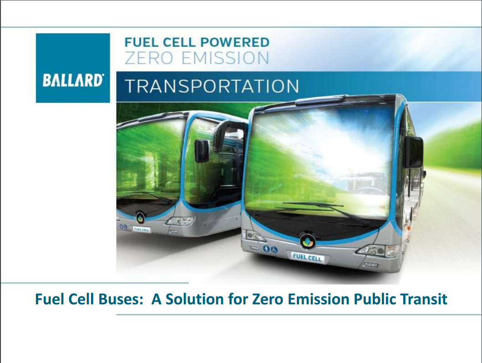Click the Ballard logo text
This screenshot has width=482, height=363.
coord(72,81)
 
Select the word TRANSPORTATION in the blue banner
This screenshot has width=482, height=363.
coord(212,86)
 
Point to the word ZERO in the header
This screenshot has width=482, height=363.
coord(149,58)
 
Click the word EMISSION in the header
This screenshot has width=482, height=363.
coord(225,58)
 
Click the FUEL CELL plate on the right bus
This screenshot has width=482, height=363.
coord(307,257)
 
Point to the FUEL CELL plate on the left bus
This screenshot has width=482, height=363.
coord(141,229)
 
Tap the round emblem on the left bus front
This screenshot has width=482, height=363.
coord(140,218)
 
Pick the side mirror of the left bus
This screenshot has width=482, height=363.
coord(202,151)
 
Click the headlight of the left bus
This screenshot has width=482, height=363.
coord(181,221)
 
